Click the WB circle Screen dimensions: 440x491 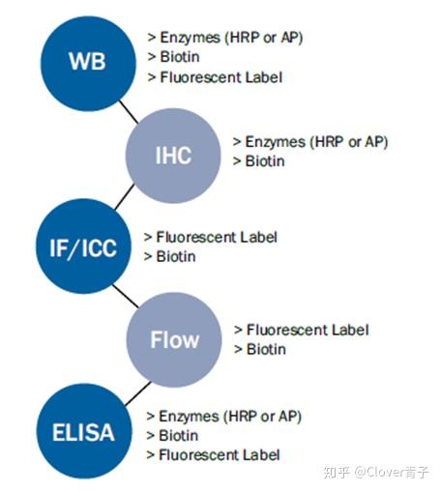tap(88, 64)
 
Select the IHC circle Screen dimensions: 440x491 tap(173, 156)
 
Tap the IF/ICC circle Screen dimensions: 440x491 tap(83, 246)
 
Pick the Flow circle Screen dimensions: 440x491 tap(174, 339)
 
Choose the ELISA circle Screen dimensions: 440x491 tap(84, 431)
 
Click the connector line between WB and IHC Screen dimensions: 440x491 tap(129, 112)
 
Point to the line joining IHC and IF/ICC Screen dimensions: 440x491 tap(125, 196)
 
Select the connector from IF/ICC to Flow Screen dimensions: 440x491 tap(126, 296)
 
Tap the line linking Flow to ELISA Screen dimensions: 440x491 tap(137, 393)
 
